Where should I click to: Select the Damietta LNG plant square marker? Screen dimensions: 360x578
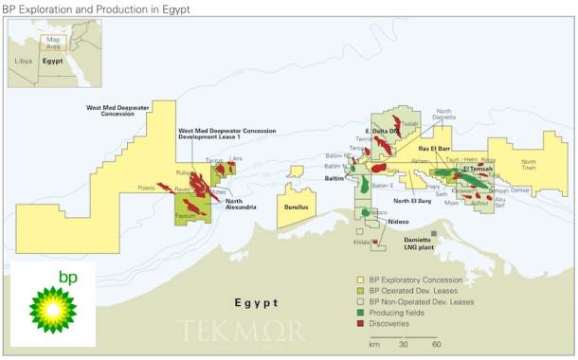coord(434,233)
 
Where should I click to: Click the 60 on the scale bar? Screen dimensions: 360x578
coord(436,343)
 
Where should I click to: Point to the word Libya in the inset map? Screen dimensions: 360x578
coord(24,59)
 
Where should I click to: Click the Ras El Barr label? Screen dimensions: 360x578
coord(438,149)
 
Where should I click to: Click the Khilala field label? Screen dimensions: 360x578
coord(361,243)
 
